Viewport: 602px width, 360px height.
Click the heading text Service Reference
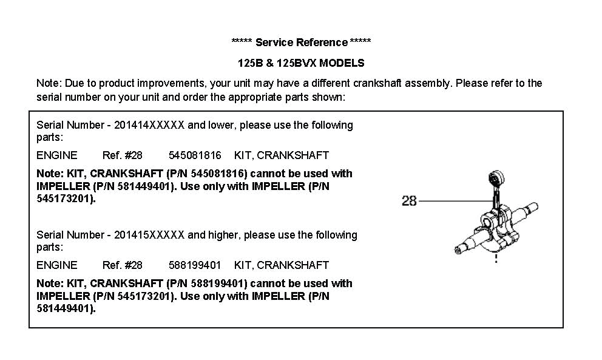(302, 42)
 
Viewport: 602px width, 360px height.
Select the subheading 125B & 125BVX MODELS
(301, 63)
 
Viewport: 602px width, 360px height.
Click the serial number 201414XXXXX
(149, 125)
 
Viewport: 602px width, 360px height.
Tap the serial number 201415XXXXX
(149, 235)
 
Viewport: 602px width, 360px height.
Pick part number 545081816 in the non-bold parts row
(195, 155)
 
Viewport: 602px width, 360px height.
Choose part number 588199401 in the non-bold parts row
(195, 265)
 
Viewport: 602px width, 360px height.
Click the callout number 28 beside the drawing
(409, 200)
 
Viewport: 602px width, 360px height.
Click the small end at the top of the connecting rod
(496, 177)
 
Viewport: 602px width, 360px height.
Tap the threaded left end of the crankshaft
(458, 250)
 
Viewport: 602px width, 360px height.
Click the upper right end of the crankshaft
(532, 208)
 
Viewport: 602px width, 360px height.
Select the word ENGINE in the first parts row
(57, 155)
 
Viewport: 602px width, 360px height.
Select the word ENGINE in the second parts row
(57, 265)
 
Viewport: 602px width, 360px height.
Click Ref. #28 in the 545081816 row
(123, 155)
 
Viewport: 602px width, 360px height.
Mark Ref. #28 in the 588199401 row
(123, 265)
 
